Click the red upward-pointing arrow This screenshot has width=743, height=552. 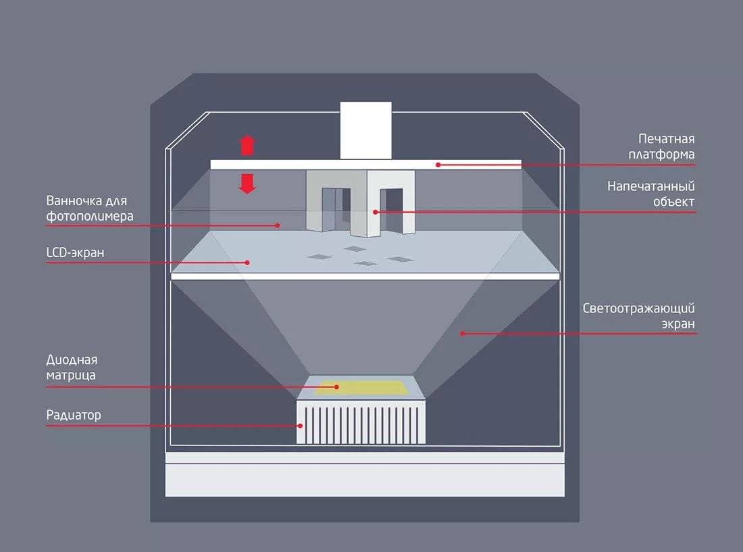click(247, 145)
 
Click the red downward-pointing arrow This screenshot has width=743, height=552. click(247, 183)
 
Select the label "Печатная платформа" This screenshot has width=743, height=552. click(667, 146)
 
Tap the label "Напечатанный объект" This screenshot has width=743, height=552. click(650, 194)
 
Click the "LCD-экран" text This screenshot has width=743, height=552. click(76, 252)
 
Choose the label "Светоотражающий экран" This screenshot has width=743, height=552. click(639, 316)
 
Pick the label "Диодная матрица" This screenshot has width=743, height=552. click(72, 367)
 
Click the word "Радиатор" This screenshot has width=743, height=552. click(74, 414)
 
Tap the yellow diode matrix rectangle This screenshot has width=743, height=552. click(363, 387)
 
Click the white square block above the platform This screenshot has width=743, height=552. click(365, 130)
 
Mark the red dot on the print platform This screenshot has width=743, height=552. click(438, 164)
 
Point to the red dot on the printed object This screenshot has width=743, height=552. click(376, 212)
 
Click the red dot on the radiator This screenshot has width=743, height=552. click(301, 426)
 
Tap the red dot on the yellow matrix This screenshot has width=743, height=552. click(336, 387)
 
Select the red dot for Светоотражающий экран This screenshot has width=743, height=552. click(462, 333)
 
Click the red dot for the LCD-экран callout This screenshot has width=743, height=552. click(248, 263)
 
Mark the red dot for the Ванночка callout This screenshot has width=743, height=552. click(278, 225)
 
